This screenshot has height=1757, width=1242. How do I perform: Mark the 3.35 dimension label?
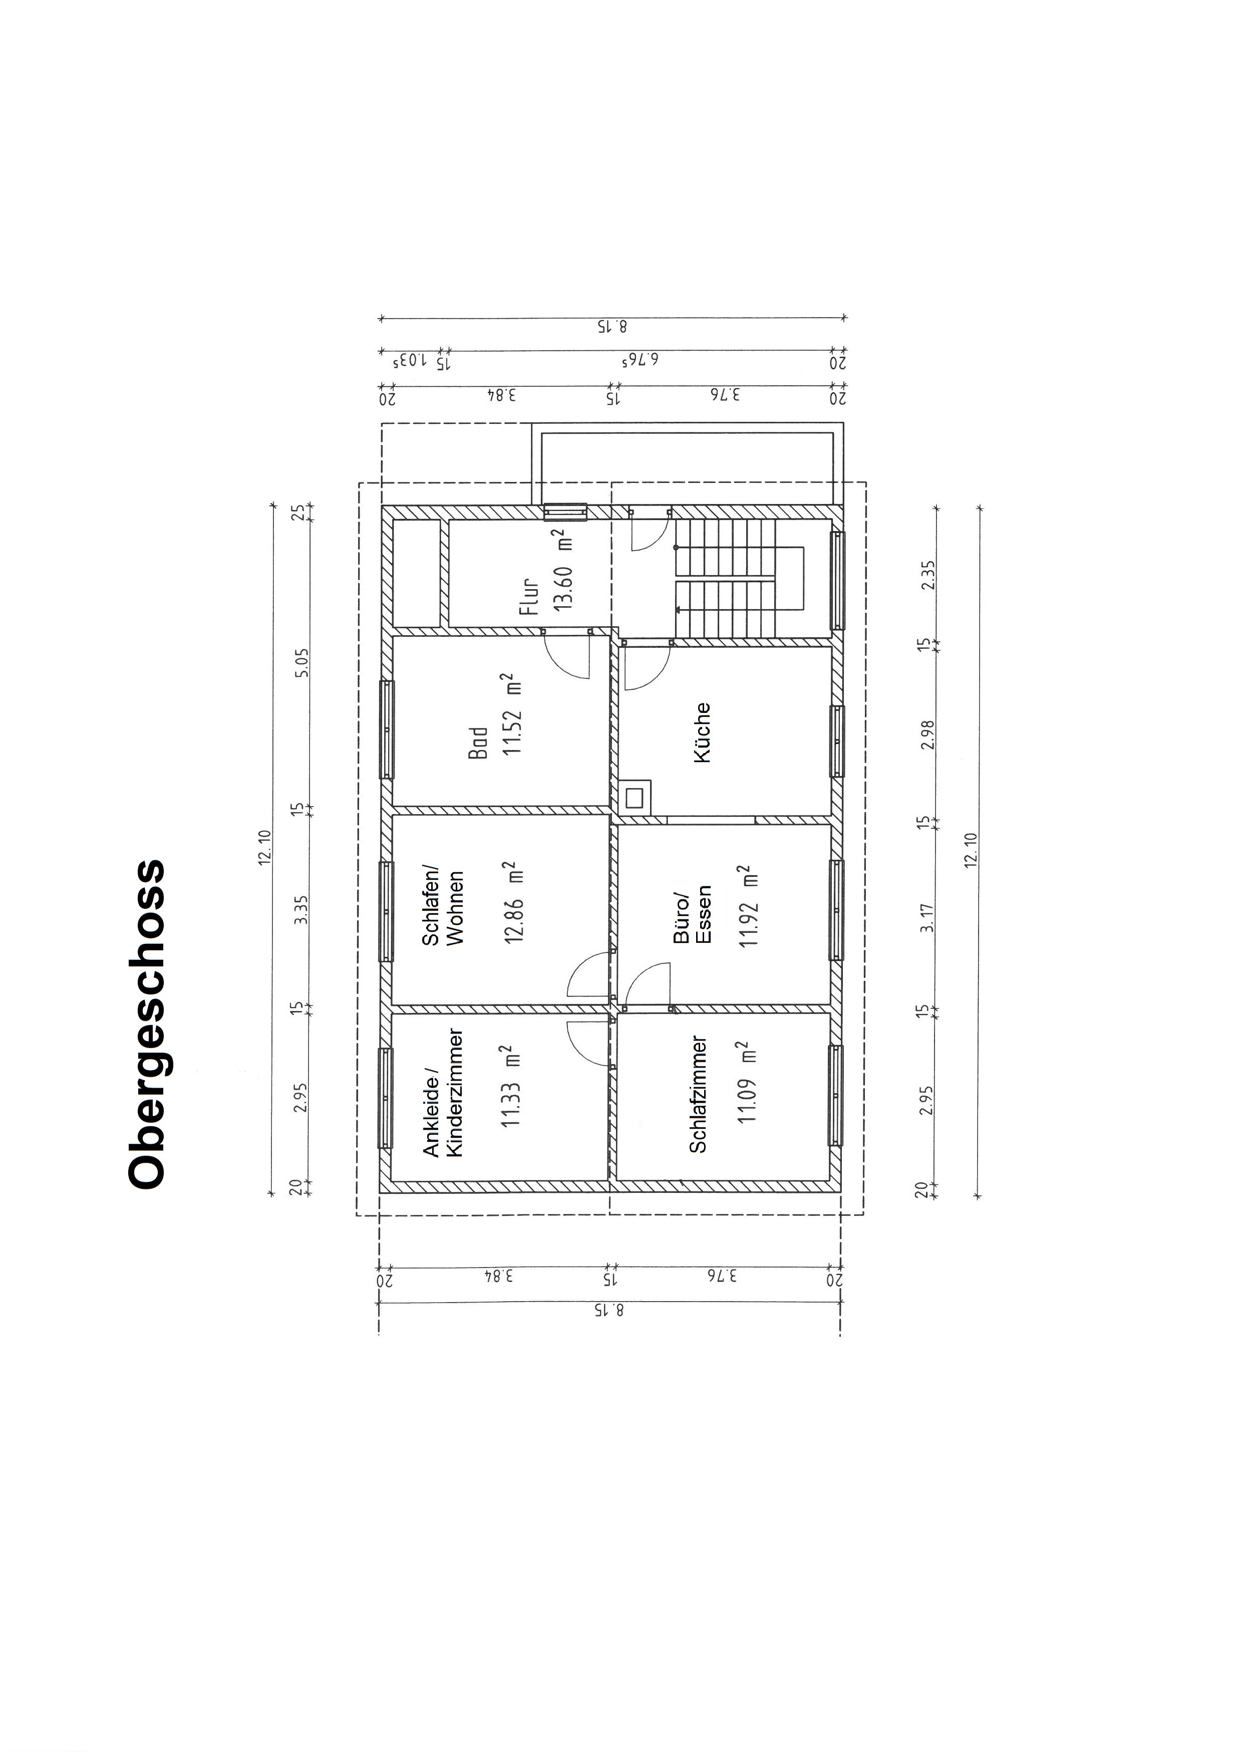[303, 910]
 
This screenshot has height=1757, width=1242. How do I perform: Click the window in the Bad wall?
[387, 729]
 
